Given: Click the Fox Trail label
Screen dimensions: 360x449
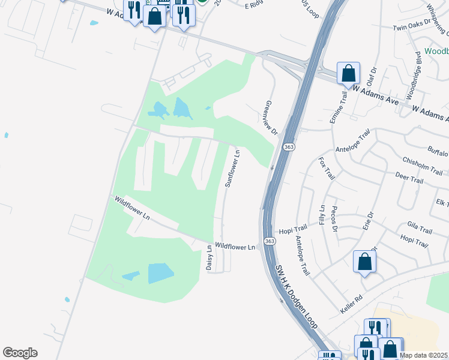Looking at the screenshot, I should point(326,169).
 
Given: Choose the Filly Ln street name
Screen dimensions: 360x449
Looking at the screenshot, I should point(322,215).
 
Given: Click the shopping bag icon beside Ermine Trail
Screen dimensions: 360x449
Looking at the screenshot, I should point(348,74).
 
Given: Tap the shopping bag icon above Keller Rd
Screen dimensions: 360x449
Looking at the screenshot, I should point(364,262).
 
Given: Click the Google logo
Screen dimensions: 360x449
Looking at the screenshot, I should point(20,353).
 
